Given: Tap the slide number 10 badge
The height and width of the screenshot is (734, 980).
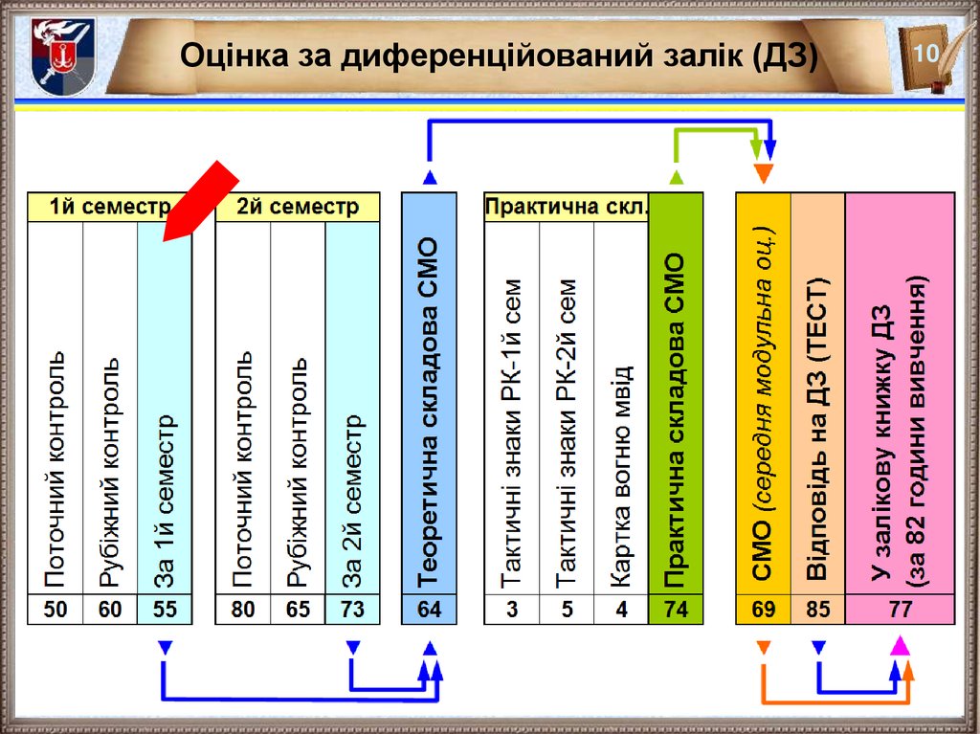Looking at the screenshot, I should point(924,54).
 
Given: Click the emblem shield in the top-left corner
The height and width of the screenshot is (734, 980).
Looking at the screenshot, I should point(56,56).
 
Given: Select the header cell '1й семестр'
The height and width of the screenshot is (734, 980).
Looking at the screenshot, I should point(109,207).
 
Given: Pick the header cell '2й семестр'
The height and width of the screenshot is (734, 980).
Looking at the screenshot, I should point(298,207).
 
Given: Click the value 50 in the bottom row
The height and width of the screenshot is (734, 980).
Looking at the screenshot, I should point(56,609).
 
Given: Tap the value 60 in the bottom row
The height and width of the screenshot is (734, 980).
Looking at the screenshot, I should point(110,609).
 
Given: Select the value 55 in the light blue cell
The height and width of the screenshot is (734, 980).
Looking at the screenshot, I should point(165,609).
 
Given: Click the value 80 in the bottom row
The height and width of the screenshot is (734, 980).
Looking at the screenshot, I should point(243,609).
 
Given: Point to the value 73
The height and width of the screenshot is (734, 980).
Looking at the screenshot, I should point(352,609).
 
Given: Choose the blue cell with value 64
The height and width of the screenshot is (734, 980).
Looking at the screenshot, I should point(429,609).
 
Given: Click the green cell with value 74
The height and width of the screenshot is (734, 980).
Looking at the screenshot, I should point(676,609).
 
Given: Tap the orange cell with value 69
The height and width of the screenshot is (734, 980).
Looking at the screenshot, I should point(763,609).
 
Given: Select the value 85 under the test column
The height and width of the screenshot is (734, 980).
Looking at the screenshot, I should point(818,609).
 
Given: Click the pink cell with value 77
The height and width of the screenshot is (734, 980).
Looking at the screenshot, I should point(900,609).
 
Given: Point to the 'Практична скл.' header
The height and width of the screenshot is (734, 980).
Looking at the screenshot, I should point(566,207).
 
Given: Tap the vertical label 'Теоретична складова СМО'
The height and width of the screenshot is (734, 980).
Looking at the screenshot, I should point(429,411).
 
